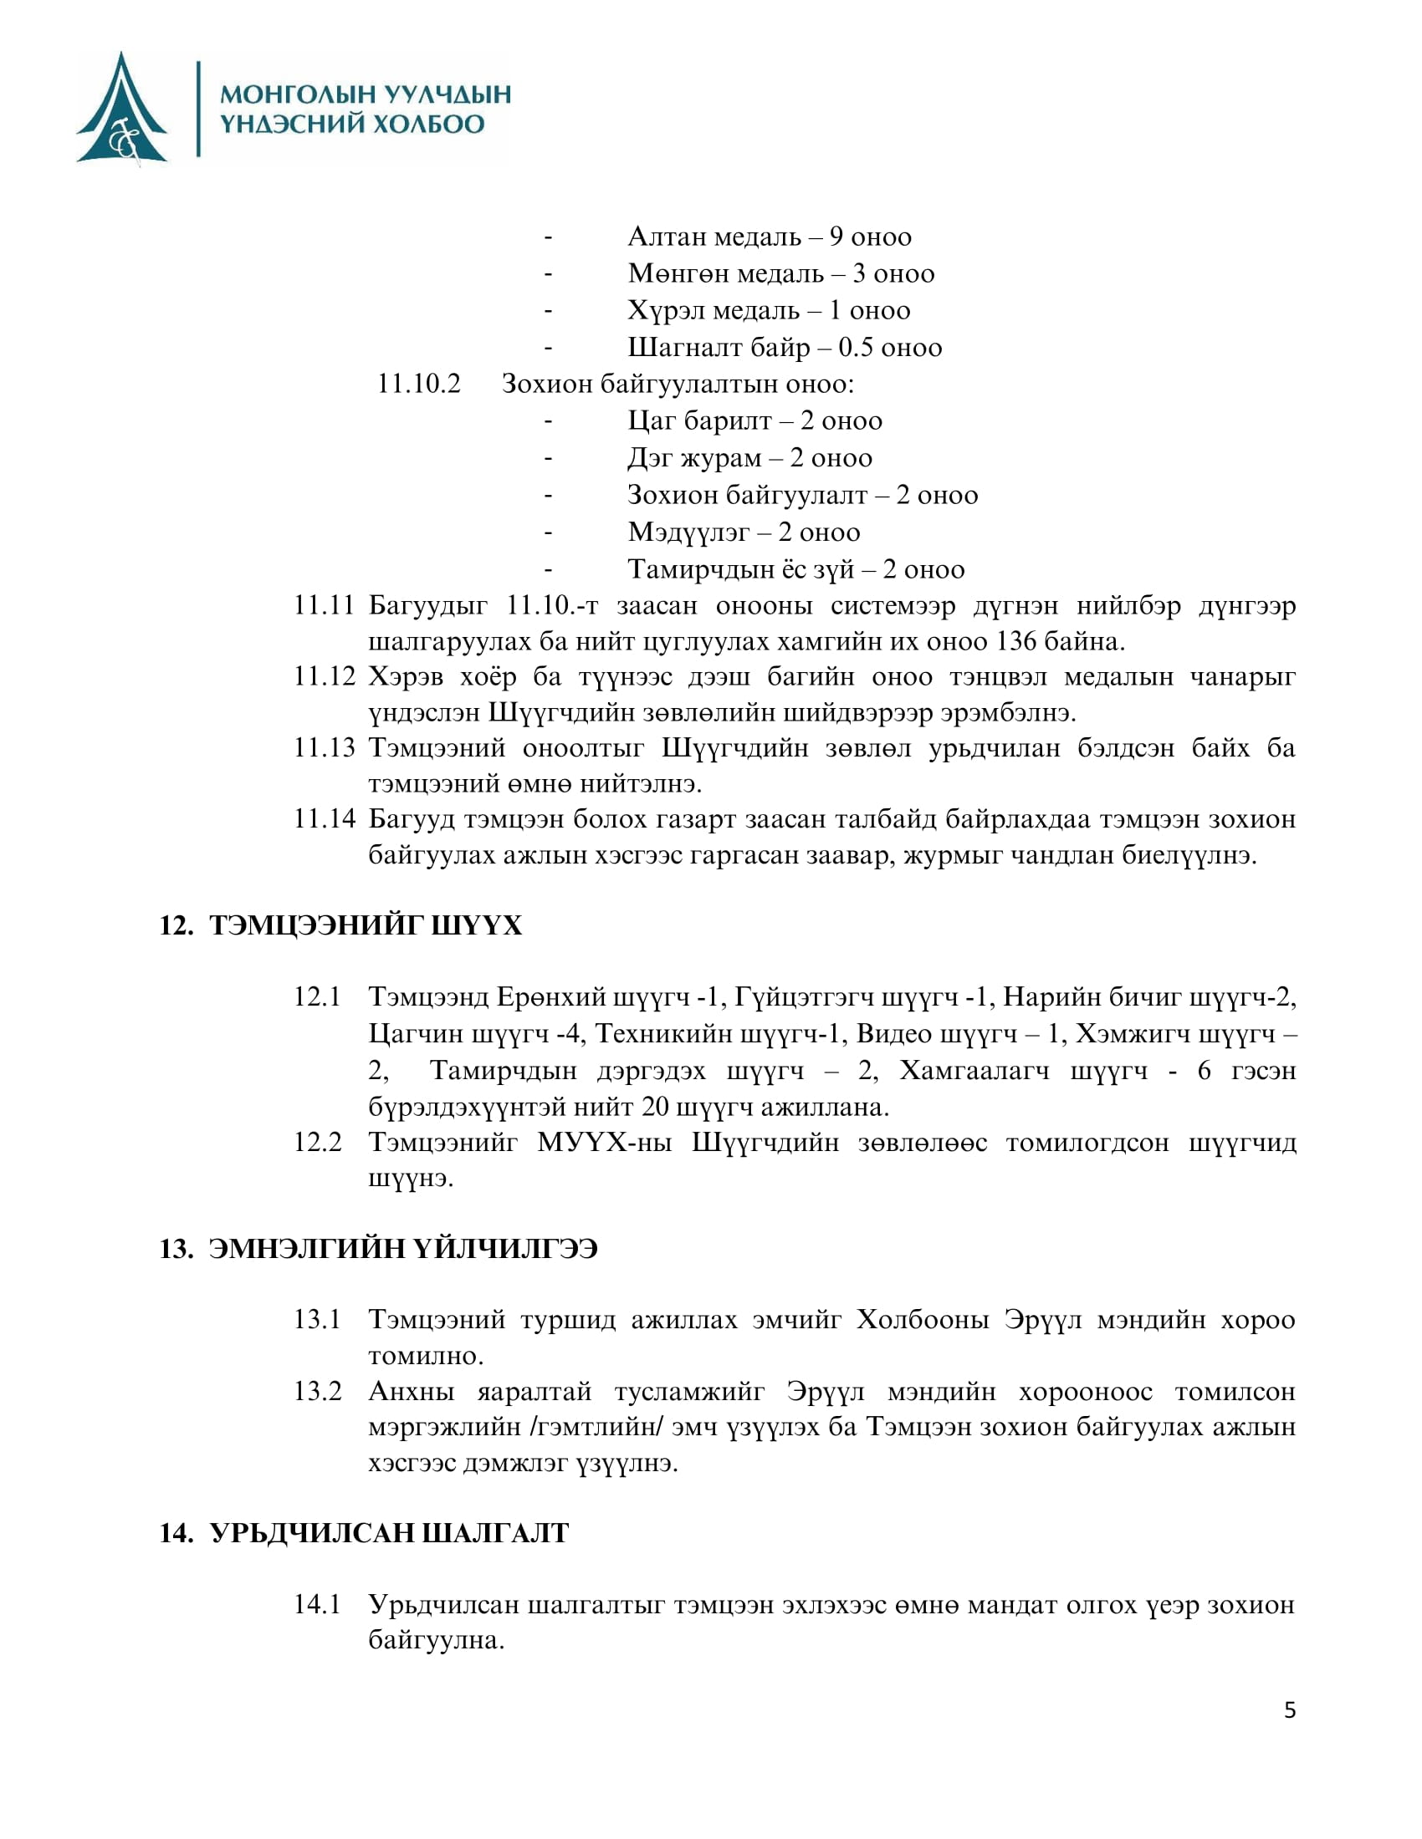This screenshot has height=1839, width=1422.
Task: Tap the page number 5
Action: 1290,1710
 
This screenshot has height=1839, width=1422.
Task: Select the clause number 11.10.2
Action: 419,384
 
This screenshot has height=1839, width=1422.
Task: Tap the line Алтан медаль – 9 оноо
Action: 769,237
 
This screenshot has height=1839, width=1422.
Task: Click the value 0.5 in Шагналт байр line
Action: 855,347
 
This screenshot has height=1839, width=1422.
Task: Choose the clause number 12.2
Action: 318,1143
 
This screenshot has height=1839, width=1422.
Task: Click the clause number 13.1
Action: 318,1318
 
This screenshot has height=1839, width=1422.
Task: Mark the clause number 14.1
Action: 318,1604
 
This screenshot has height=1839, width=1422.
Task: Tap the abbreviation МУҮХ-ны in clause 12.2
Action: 604,1143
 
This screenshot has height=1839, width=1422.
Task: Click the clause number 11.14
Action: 325,818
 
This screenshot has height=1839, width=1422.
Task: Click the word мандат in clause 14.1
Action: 1012,1604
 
